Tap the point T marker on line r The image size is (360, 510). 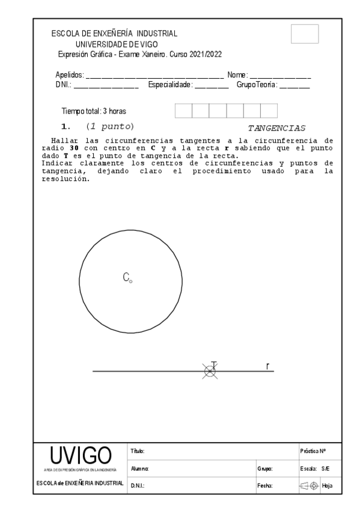(209, 371)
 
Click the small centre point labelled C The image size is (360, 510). (131, 280)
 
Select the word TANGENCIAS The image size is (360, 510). (277, 128)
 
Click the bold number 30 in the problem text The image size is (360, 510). (75, 148)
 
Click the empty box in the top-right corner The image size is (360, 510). (304, 34)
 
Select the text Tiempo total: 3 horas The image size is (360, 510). (94, 111)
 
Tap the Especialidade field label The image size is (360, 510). (170, 85)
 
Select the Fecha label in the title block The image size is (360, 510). (264, 485)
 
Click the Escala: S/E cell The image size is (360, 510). (313, 468)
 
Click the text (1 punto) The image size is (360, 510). (109, 127)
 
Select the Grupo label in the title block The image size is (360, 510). (264, 468)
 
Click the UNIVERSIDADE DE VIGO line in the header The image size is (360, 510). (114, 44)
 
